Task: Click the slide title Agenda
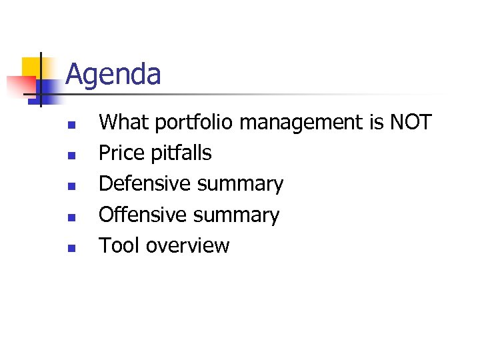[x=113, y=75]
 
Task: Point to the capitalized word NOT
[x=411, y=123]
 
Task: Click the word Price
[x=121, y=153]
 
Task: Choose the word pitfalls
[x=180, y=153]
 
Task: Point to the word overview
[x=187, y=246]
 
